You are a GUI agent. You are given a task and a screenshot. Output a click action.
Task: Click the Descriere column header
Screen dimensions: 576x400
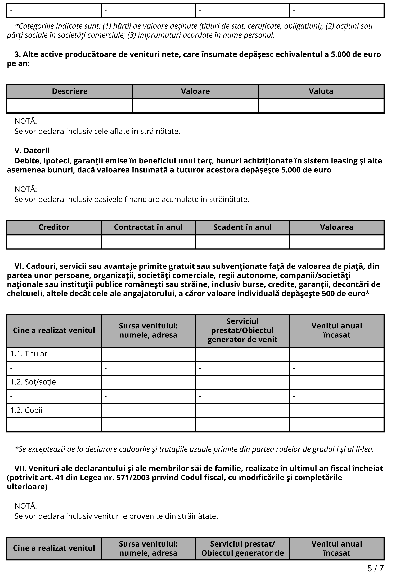(70, 91)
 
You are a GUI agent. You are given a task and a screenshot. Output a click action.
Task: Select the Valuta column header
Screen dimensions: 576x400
(321, 91)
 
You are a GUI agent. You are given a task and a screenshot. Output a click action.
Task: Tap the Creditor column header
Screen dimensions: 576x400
(54, 227)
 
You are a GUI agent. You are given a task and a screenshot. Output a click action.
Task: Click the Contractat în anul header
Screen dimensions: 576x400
(148, 227)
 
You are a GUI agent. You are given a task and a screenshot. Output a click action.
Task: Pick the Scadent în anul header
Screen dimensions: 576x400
(242, 227)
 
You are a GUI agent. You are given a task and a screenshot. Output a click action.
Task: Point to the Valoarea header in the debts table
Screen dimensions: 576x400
(337, 227)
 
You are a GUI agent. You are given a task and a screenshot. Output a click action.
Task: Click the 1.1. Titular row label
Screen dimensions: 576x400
(29, 354)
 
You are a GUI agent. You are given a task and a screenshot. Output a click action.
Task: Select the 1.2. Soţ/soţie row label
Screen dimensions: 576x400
(33, 382)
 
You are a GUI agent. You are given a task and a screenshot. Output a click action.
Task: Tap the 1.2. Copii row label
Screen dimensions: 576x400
(26, 410)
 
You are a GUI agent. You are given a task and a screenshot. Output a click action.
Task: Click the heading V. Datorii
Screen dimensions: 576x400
(32, 150)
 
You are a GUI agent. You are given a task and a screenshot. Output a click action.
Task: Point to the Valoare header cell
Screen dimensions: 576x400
(195, 91)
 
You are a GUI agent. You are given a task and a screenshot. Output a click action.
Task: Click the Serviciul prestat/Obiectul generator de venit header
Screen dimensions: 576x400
(242, 330)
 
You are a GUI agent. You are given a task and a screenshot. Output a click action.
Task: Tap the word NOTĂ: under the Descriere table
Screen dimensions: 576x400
(26, 121)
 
